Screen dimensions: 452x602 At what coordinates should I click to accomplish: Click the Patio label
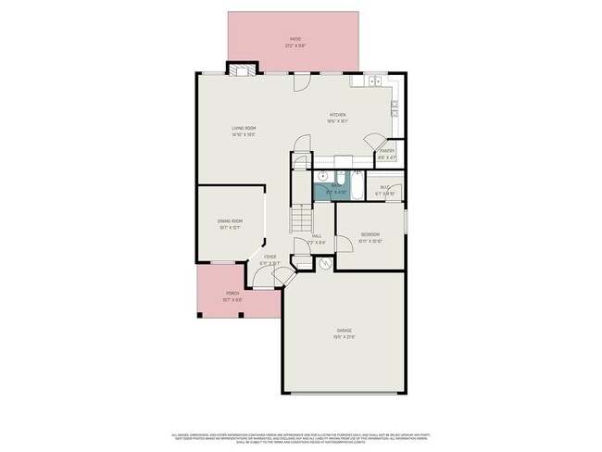click(x=295, y=42)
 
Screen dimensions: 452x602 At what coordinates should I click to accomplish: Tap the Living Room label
click(x=244, y=132)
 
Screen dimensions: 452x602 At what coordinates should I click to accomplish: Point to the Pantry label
click(x=387, y=154)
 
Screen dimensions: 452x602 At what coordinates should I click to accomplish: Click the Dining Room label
click(x=230, y=224)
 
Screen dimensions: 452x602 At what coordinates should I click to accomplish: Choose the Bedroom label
click(x=370, y=237)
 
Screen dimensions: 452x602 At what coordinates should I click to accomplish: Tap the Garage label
click(x=345, y=333)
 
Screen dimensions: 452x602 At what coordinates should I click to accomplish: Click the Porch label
click(x=232, y=297)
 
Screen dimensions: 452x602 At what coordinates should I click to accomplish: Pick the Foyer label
click(x=270, y=260)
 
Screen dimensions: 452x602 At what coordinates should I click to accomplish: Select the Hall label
click(x=317, y=239)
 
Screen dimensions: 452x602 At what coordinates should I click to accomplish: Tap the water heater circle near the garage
click(x=325, y=264)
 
